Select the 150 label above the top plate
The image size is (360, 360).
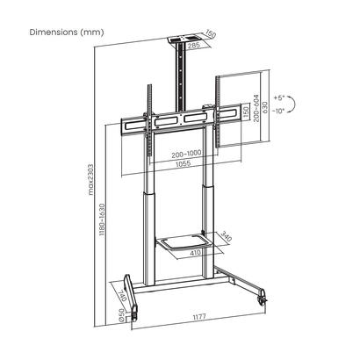tap(212, 34)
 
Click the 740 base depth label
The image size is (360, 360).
tap(126, 295)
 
